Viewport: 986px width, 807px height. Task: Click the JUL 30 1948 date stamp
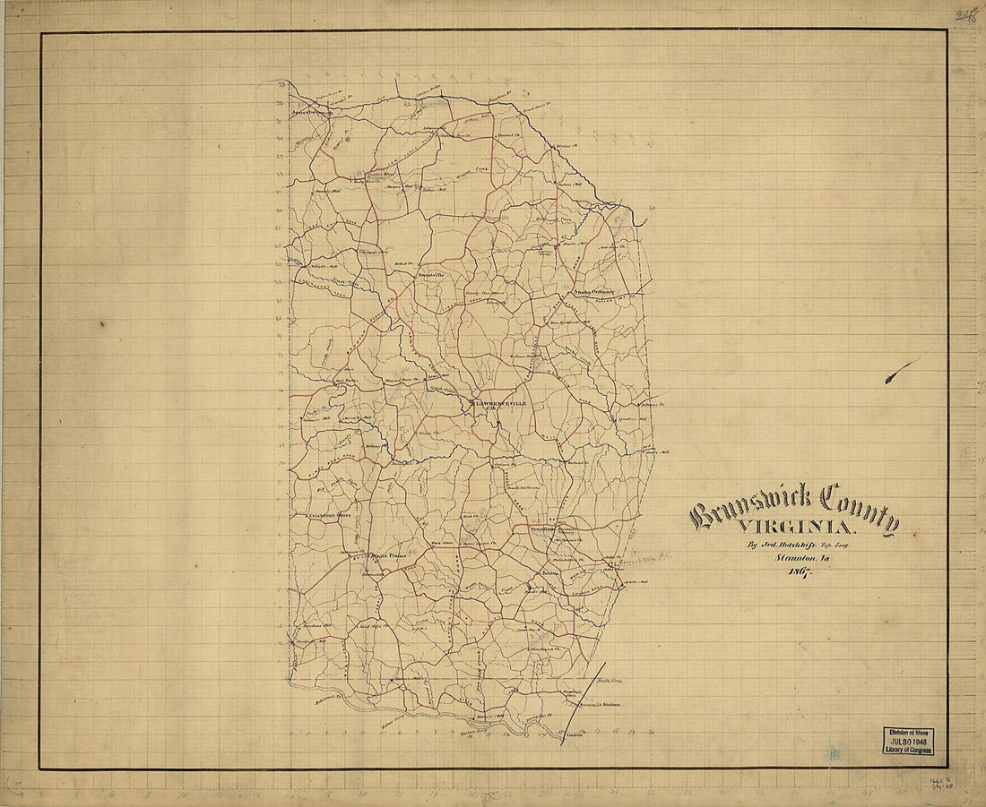pos(909,742)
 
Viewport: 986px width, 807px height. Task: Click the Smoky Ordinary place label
pos(592,291)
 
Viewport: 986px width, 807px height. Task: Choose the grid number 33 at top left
pos(281,84)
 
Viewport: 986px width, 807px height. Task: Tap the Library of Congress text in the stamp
pos(909,750)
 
